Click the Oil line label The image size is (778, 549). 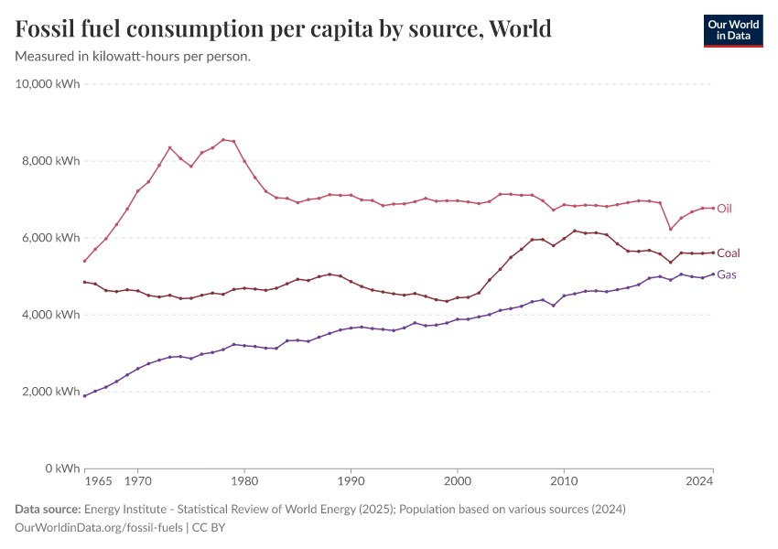click(x=724, y=209)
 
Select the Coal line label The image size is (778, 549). click(x=729, y=253)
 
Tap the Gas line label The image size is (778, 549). click(x=727, y=274)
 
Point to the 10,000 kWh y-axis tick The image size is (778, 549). click(x=49, y=84)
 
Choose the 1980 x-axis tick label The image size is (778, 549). click(x=243, y=479)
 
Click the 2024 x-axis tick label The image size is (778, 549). click(x=700, y=479)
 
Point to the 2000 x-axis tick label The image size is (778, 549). click(x=457, y=479)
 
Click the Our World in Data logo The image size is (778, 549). click(x=732, y=30)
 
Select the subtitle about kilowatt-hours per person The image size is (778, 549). click(x=133, y=56)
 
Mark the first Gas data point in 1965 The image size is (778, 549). click(x=84, y=395)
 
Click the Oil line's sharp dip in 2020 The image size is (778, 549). click(x=671, y=229)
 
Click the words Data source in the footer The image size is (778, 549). click(x=47, y=510)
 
